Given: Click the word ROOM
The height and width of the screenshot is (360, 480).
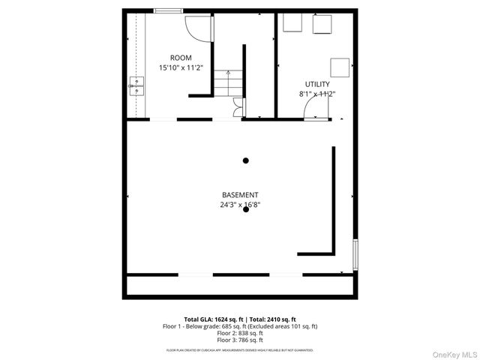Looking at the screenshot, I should (181, 58).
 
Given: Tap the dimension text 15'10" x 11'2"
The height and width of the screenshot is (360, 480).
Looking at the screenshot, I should (181, 67).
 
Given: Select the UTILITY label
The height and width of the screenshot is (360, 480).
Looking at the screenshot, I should (316, 84).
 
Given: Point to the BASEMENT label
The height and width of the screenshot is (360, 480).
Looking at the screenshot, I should (240, 194).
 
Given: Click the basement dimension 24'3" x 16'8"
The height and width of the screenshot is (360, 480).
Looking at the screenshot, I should (240, 204).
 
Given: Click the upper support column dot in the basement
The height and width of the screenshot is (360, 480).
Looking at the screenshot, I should (246, 160).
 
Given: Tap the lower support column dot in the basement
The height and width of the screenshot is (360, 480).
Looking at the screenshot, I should (246, 210).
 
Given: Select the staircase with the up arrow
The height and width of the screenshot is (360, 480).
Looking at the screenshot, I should (223, 82).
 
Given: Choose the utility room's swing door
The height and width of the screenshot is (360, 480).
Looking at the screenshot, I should (314, 109).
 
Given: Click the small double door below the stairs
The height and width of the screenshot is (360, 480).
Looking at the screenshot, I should (238, 108).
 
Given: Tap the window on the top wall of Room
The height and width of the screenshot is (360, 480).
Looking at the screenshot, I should (168, 10).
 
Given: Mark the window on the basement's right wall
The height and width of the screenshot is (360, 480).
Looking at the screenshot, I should (355, 255).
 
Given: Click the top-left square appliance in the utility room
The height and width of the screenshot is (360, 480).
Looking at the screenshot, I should (292, 24).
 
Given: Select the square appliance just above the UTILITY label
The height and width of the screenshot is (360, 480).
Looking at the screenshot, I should (340, 67).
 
